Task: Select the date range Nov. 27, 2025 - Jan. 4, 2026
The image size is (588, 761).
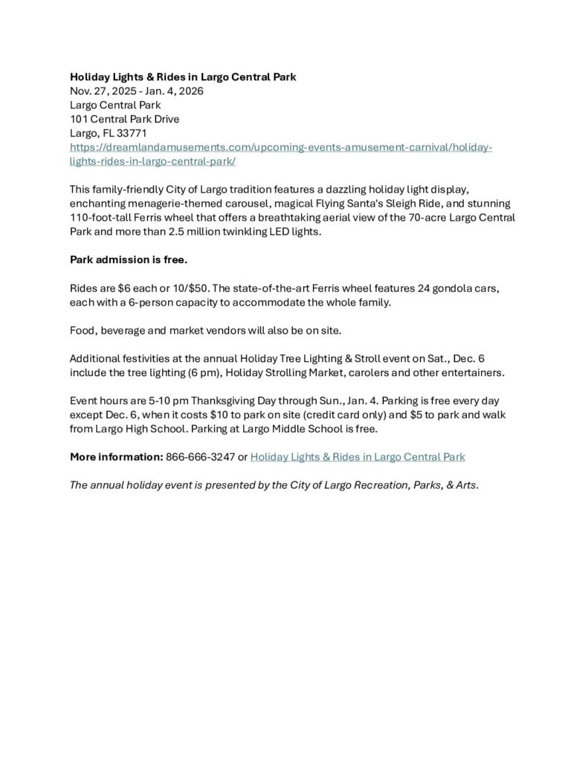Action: [x=136, y=91]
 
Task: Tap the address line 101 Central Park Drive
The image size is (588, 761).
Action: [x=124, y=119]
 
